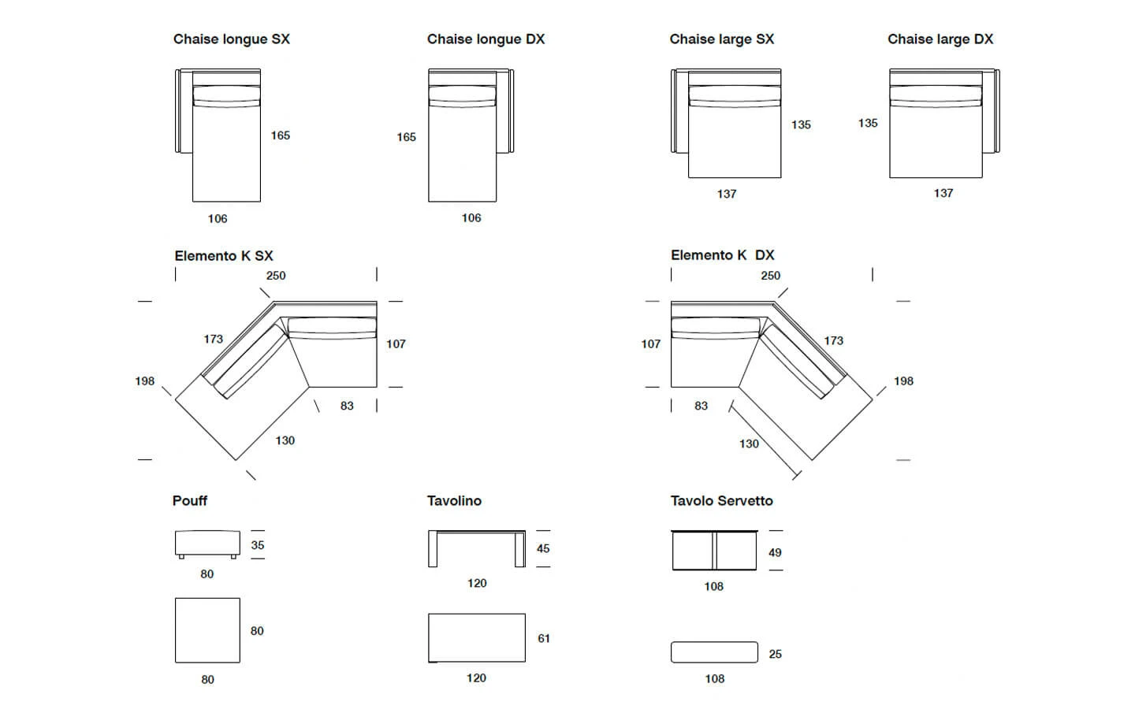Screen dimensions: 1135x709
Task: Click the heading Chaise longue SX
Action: click(232, 39)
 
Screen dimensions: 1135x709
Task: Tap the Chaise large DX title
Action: click(940, 39)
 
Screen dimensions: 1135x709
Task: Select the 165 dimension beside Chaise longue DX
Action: click(407, 137)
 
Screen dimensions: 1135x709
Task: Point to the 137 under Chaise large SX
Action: click(727, 194)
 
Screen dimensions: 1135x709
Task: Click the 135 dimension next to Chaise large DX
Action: click(868, 123)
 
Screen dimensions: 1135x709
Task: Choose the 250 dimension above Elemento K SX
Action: click(276, 276)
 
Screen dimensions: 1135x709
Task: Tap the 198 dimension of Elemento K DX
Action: click(903, 380)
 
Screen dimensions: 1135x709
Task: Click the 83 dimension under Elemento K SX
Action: click(347, 406)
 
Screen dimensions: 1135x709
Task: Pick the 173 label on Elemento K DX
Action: click(834, 340)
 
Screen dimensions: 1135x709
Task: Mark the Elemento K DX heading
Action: click(723, 255)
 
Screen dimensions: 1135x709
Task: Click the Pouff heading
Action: click(190, 501)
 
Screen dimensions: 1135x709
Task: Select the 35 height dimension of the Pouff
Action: click(258, 545)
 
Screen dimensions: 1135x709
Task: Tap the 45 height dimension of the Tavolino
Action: click(543, 548)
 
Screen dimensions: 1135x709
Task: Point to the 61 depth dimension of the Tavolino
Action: click(544, 639)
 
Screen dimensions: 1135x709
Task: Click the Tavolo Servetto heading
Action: click(721, 501)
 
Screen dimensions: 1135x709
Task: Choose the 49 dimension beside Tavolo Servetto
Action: click(776, 552)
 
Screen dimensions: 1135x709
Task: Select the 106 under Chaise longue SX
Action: click(218, 219)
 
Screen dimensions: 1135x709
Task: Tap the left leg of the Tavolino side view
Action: click(433, 549)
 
